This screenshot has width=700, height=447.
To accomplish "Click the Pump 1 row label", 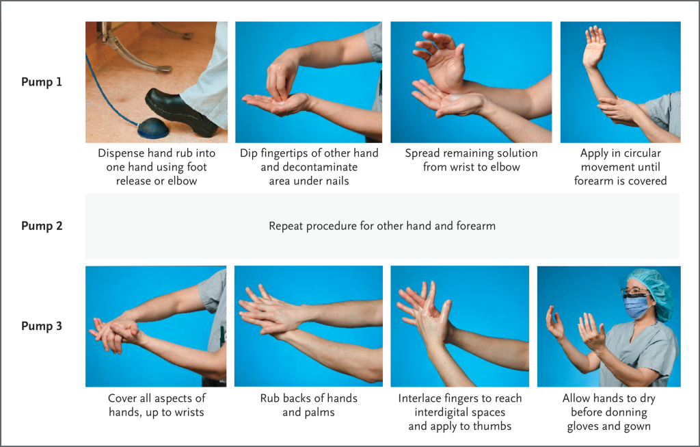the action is [x=42, y=81].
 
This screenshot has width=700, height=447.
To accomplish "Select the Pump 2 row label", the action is [x=42, y=226].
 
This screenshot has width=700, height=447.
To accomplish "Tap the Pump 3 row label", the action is [x=42, y=326].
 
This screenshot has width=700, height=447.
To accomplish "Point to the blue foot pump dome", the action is [x=153, y=128].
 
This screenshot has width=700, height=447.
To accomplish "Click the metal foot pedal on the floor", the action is [x=134, y=53].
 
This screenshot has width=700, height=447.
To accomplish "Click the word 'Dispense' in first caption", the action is [x=119, y=153].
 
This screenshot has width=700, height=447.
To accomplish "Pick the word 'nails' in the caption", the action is [x=336, y=181].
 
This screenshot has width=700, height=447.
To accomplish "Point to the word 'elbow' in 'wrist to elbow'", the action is [x=507, y=167].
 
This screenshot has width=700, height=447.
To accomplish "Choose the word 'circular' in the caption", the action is [x=641, y=153].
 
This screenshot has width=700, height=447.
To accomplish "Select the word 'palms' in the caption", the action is [x=321, y=413].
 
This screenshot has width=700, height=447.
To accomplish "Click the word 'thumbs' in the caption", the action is [x=494, y=426].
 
